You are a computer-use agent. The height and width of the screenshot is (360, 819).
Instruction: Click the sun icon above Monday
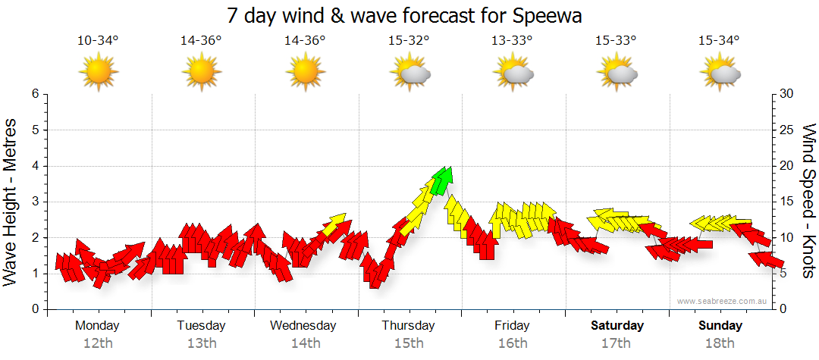point(99,73)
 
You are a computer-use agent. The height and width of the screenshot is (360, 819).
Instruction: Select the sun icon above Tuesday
point(202,73)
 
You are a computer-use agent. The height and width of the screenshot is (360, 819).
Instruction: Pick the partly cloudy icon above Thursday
point(409,73)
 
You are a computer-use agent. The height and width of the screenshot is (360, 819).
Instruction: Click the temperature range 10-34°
point(98,41)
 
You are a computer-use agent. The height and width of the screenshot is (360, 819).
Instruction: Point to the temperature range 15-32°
point(409,41)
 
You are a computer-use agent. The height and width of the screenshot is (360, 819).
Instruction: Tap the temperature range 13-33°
point(513,41)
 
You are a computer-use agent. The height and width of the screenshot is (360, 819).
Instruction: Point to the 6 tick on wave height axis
point(34,94)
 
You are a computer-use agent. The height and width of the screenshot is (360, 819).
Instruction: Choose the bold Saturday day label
point(617,326)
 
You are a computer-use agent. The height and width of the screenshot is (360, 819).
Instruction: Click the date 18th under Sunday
point(720,343)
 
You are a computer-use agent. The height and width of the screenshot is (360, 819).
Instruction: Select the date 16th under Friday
point(513,343)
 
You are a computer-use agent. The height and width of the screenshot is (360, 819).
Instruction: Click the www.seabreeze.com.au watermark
point(719,301)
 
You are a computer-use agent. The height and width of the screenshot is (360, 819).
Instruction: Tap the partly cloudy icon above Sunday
point(720,73)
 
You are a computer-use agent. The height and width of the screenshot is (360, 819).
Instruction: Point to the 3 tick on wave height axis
point(34,202)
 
